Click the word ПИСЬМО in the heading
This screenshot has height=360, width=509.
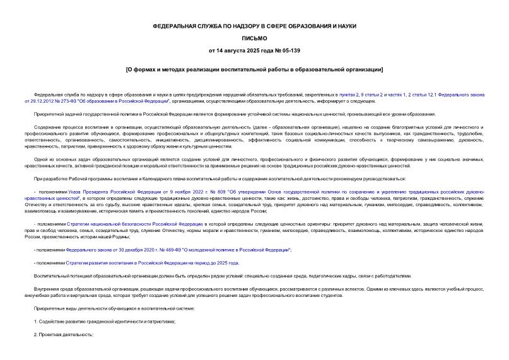(x=254, y=38)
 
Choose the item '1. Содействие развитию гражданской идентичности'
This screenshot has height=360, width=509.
(x=104, y=321)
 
